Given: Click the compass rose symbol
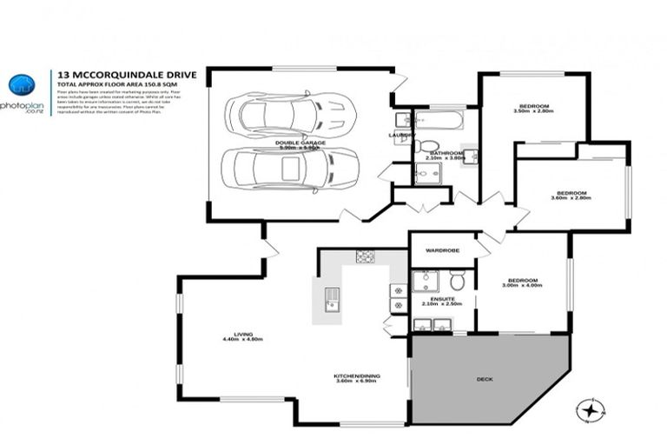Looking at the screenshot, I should tap(591, 408).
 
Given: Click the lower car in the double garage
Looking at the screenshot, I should tap(290, 168).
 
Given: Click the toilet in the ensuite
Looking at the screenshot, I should tap(457, 280).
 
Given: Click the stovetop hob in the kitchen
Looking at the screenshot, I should tap(366, 256).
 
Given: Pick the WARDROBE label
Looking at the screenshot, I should tap(442, 251).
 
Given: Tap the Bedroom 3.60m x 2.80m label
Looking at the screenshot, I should tap(571, 195).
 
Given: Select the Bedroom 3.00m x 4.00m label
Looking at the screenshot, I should tap(524, 282).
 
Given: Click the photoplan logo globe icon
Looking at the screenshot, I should tap(22, 85).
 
